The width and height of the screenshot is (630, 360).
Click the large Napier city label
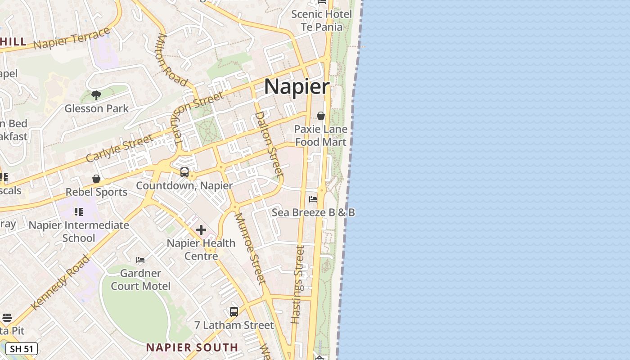(x=297, y=86)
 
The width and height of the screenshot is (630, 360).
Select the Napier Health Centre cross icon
(x=201, y=230)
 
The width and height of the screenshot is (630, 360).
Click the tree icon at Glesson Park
(x=96, y=95)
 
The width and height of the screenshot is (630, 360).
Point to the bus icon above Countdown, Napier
(x=184, y=172)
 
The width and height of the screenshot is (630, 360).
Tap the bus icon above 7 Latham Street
(x=234, y=311)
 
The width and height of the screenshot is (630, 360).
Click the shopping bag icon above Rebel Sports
(x=96, y=179)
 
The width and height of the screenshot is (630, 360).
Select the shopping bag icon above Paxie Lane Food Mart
(x=321, y=116)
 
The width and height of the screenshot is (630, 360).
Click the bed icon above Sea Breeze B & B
(x=313, y=199)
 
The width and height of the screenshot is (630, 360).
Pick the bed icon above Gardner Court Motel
(x=140, y=260)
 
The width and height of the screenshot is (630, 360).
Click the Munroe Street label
(x=250, y=248)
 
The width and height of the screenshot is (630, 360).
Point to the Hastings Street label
(x=298, y=284)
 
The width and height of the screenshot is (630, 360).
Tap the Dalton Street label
(x=269, y=144)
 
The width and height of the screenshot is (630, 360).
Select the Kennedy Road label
(x=61, y=282)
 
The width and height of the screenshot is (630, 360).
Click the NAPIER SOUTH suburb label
(x=192, y=347)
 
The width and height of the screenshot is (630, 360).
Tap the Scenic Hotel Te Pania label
(x=321, y=20)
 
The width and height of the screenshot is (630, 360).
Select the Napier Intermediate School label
(x=79, y=231)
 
